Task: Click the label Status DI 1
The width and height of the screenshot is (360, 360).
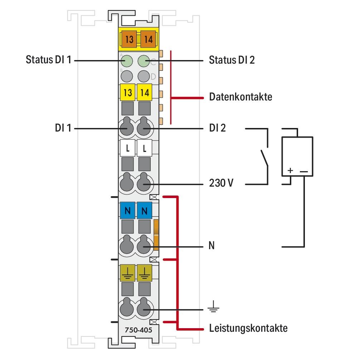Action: click(49, 60)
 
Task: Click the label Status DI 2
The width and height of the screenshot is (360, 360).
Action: click(232, 60)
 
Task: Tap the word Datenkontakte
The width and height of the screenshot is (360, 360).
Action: click(240, 97)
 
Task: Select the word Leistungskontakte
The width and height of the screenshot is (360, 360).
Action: click(248, 328)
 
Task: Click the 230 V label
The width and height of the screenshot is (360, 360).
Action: click(222, 184)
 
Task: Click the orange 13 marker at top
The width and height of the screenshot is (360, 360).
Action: click(129, 39)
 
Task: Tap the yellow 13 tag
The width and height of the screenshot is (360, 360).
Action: click(127, 93)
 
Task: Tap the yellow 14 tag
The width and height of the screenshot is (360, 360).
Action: click(145, 93)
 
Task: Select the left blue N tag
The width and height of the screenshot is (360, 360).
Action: click(127, 211)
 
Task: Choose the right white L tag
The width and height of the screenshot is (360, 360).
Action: click(145, 148)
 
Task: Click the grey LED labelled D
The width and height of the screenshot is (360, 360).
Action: click(144, 76)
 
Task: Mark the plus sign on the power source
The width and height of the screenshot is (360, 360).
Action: click(290, 171)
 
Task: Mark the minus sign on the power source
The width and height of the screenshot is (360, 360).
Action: click(303, 171)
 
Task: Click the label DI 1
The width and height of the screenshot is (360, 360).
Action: click(63, 128)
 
